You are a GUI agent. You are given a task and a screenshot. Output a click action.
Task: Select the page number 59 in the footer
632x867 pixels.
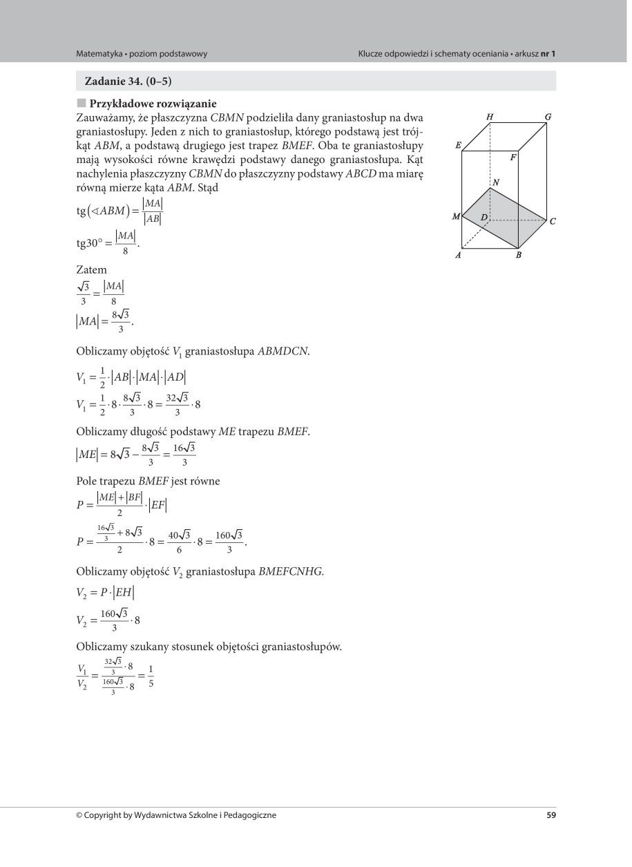pos(550,815)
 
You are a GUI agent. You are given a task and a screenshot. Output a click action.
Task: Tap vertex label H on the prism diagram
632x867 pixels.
pos(490,117)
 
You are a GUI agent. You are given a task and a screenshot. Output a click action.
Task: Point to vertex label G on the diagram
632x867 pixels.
pos(548,117)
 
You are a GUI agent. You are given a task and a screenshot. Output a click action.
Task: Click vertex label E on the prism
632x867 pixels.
pos(458,146)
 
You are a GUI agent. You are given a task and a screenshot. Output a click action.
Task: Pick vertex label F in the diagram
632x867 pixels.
pos(513,158)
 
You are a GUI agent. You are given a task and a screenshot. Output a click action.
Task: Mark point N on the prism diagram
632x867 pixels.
pos(496,182)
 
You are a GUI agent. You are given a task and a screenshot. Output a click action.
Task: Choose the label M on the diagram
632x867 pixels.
pos(457,217)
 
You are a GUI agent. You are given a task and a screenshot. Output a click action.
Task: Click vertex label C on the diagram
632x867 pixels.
pos(553,222)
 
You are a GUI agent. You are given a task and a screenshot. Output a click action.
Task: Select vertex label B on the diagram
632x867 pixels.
pos(517,255)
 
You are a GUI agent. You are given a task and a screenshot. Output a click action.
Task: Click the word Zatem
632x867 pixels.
pos(91,271)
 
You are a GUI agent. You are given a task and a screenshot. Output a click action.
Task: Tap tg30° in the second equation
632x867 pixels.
pos(91,243)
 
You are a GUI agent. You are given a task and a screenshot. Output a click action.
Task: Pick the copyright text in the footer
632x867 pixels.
pos(176,815)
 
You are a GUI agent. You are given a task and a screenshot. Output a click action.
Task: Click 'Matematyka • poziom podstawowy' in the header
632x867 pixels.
pos(142,53)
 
